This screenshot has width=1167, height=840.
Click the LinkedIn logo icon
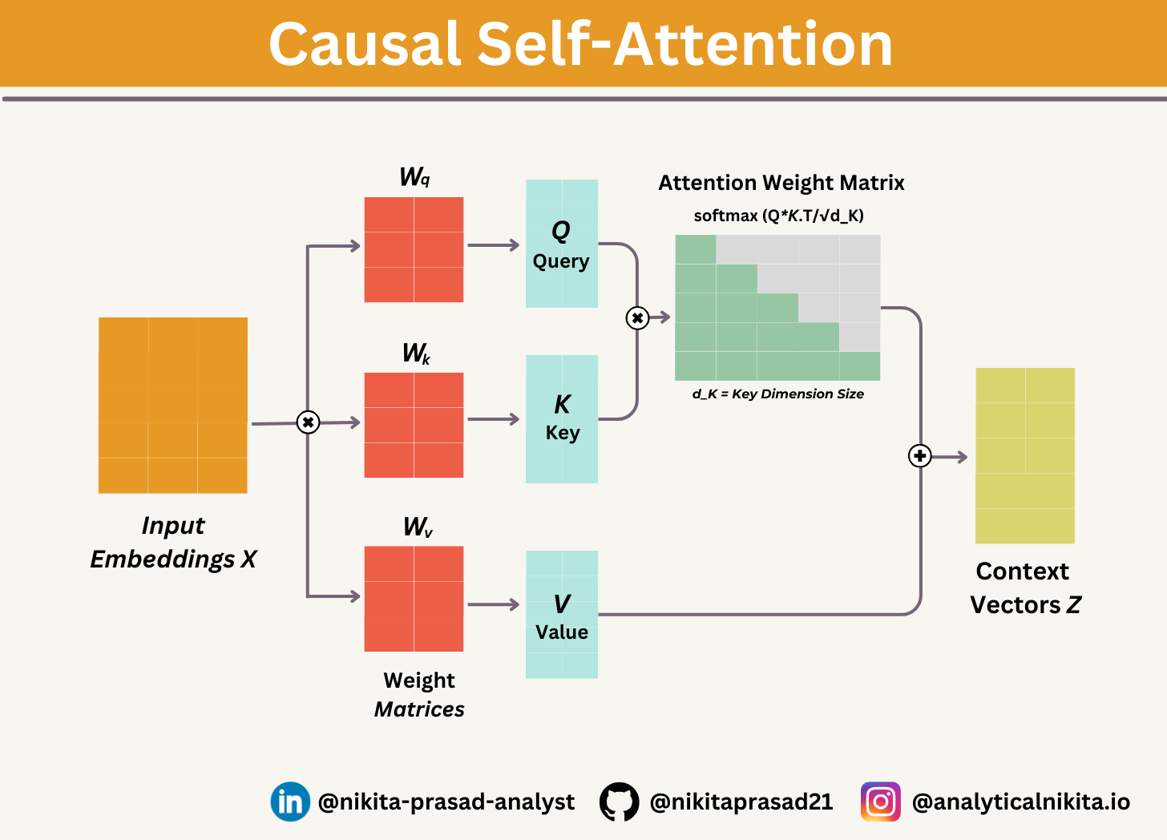pos(290,802)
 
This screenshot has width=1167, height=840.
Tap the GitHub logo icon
pos(619,802)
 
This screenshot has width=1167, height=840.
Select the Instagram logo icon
pos(880,802)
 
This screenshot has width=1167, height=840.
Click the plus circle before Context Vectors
pos(919,456)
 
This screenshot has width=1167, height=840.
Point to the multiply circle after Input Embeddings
pos(308,422)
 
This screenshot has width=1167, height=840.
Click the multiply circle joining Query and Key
pos(637,318)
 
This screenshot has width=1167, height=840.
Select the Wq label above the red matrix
pos(414,177)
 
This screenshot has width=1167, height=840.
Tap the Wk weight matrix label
pos(416,353)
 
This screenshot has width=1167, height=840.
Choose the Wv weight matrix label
pos(418,527)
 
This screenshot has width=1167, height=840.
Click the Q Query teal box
pos(562,244)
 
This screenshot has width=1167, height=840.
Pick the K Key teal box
pos(562,418)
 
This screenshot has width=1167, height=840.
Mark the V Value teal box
pos(562,615)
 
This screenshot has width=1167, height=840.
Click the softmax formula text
pos(778,216)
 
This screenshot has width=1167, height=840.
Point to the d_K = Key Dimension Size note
pos(777,394)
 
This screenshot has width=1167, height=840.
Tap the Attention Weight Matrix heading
pos(781,184)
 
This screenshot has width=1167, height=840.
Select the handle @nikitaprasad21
pos(741,802)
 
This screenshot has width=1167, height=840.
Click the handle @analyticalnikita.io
pos(1021,802)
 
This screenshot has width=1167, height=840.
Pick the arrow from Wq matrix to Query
pos(494,245)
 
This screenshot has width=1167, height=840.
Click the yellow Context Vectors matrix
pos(1024,455)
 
